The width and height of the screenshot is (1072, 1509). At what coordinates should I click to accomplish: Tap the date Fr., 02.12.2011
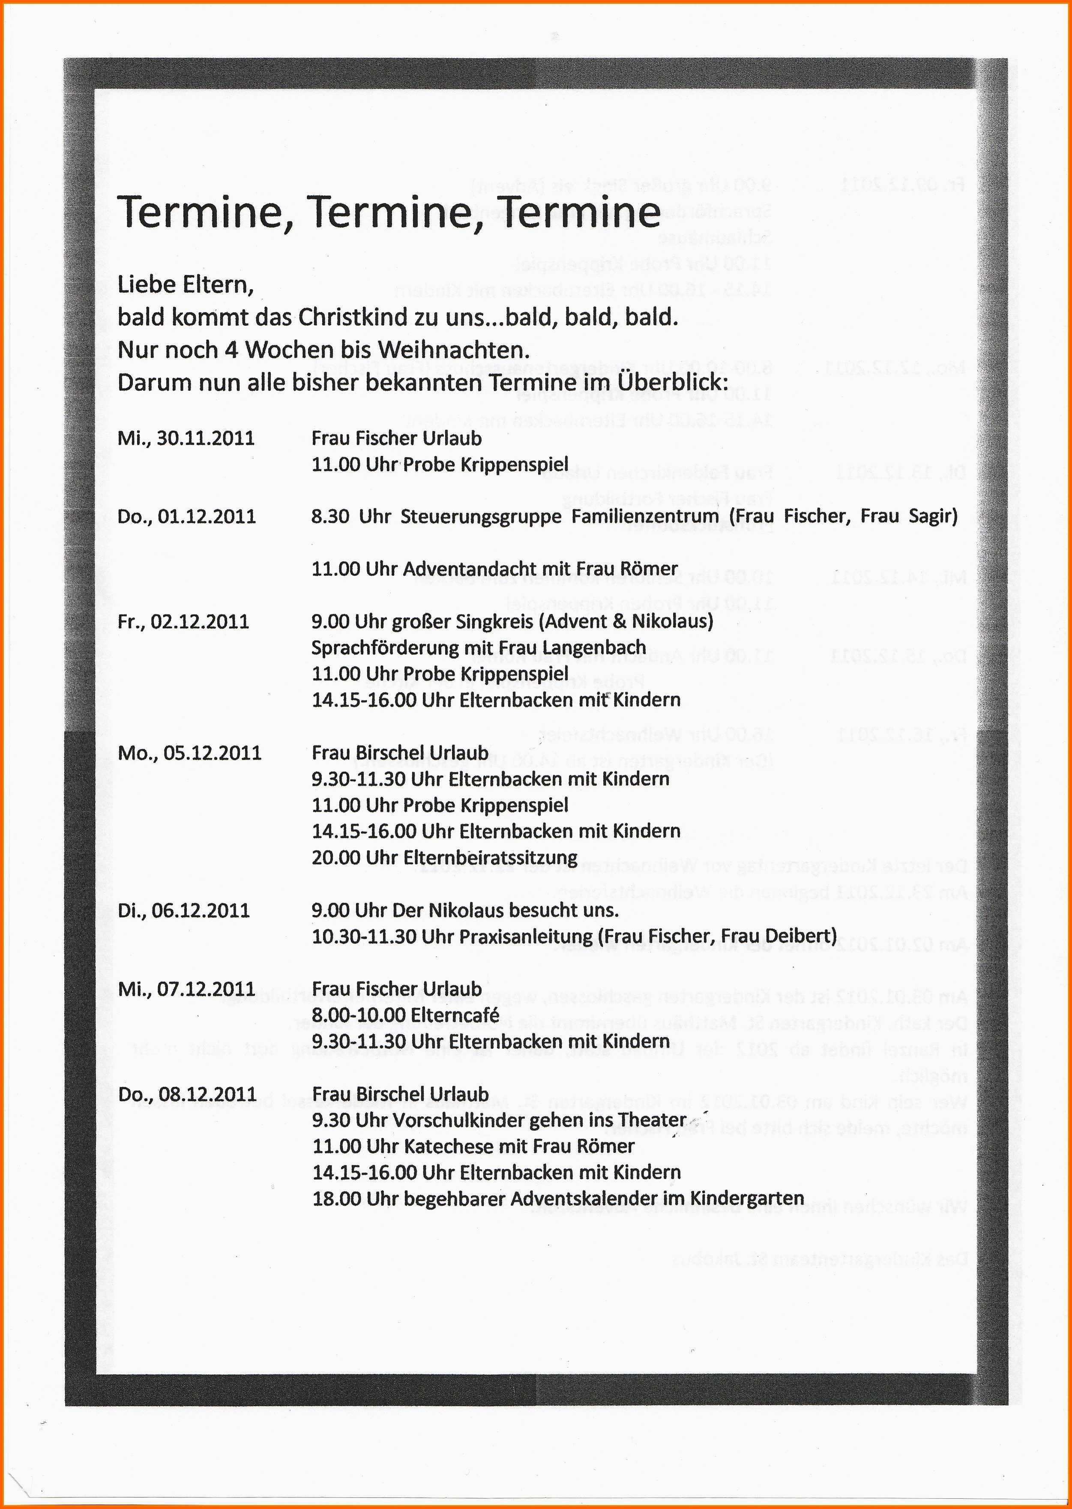tap(183, 622)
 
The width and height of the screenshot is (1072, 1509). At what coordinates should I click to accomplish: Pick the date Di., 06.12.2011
tap(183, 911)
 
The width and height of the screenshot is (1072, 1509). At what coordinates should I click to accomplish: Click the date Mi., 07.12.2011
tap(186, 989)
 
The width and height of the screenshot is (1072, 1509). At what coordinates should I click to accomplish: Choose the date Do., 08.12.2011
tap(187, 1094)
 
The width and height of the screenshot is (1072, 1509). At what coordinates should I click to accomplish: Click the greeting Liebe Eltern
tap(185, 285)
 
